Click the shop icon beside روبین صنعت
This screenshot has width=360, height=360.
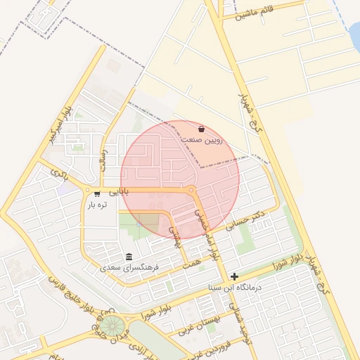(202, 129)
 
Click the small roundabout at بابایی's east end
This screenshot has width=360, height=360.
(191, 190)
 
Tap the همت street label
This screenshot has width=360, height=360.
(191, 260)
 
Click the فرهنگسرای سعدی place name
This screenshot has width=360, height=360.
(129, 268)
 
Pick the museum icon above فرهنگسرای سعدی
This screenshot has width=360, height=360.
(129, 257)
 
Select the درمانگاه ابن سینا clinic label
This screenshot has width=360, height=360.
(235, 288)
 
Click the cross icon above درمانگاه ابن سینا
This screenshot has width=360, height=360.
(234, 277)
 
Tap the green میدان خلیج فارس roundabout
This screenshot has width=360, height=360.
(110, 326)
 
